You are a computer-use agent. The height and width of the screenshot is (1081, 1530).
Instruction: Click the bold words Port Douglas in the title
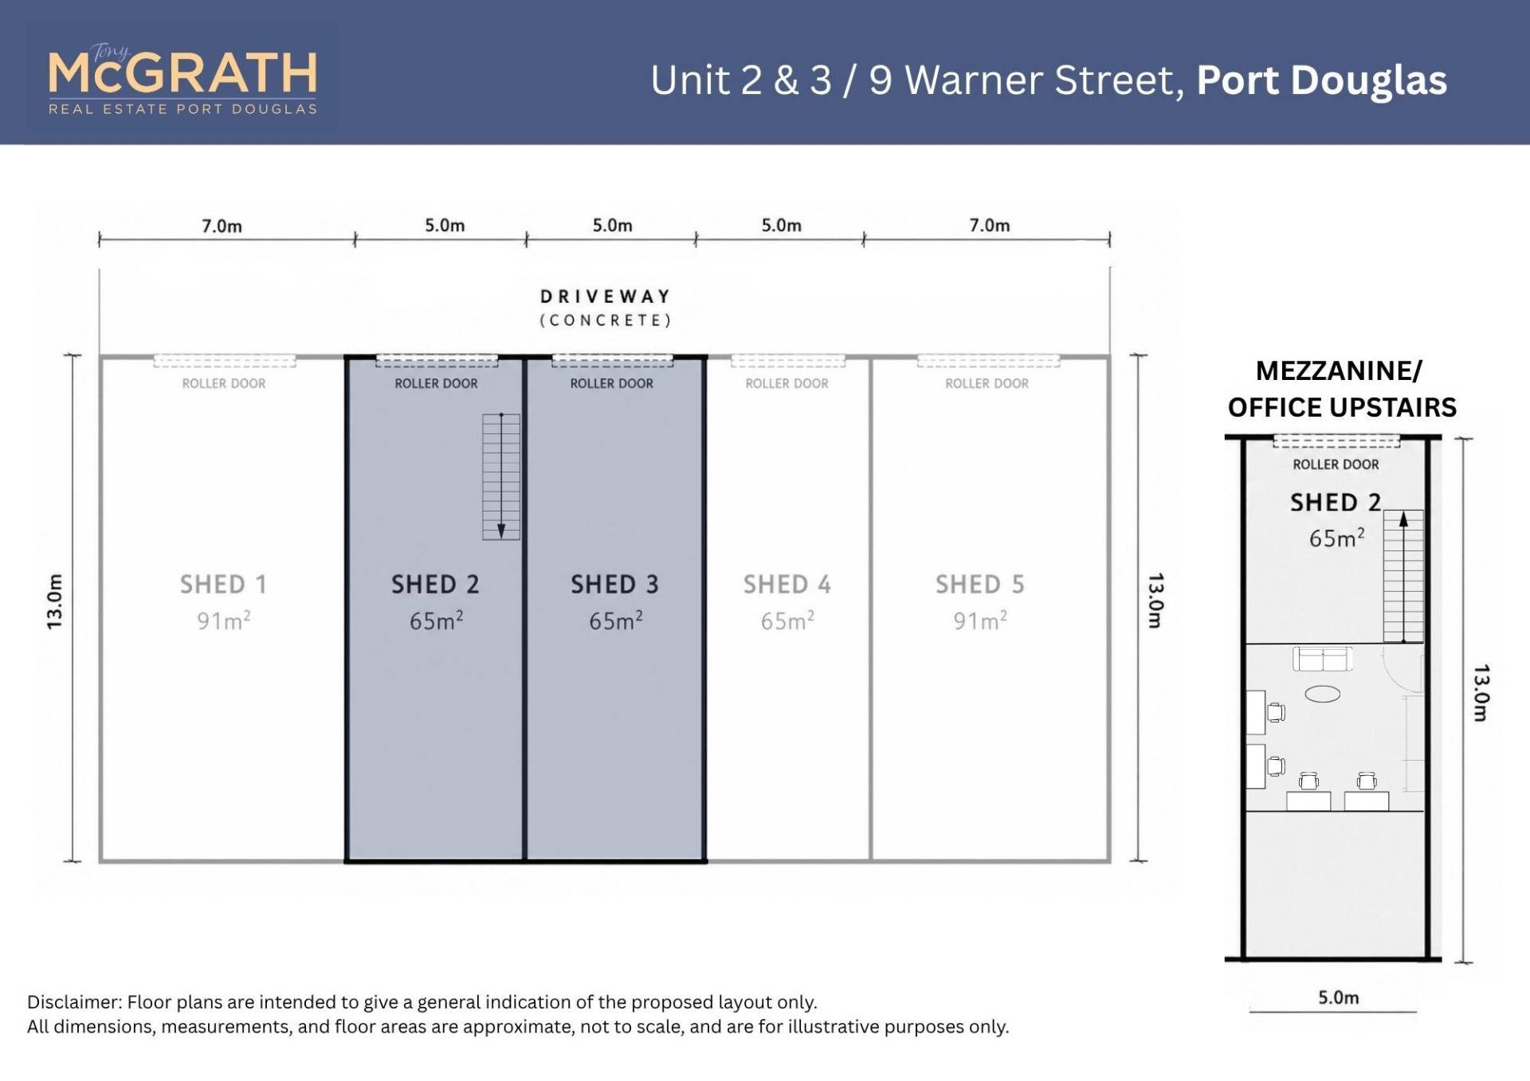[x=1321, y=80]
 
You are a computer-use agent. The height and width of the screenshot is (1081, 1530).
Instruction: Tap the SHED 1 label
[x=223, y=584]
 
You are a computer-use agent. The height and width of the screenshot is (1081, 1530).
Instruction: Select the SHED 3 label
[x=614, y=584]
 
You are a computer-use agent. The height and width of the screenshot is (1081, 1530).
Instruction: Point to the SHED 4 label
[x=787, y=584]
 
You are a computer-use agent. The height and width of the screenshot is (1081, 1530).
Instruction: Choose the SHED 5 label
[x=979, y=584]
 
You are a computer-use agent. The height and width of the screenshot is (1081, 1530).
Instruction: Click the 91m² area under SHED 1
[x=224, y=620]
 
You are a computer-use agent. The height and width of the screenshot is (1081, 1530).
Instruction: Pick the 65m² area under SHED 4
[x=787, y=620]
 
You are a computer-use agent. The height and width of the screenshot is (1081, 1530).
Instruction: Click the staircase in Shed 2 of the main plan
[x=501, y=476]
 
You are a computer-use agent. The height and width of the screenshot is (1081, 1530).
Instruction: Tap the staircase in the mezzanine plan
[x=1403, y=576]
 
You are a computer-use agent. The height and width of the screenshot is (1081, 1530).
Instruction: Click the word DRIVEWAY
[x=606, y=296]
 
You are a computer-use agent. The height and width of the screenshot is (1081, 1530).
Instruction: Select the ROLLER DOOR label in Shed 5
[x=987, y=383]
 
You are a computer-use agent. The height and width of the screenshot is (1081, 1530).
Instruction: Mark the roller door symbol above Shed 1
[x=225, y=361]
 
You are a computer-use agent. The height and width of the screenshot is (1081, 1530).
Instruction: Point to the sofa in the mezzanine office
[x=1323, y=659]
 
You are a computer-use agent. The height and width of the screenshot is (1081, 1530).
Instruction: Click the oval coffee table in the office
[x=1323, y=694]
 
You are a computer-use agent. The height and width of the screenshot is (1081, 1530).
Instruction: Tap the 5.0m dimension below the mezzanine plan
[x=1339, y=997]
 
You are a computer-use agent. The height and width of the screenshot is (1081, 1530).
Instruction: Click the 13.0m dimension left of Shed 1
[x=54, y=601]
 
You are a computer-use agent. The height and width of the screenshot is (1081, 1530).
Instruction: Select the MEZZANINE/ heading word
[x=1339, y=370]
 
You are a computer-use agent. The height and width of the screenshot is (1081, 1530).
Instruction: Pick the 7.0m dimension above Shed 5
[x=989, y=225]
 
